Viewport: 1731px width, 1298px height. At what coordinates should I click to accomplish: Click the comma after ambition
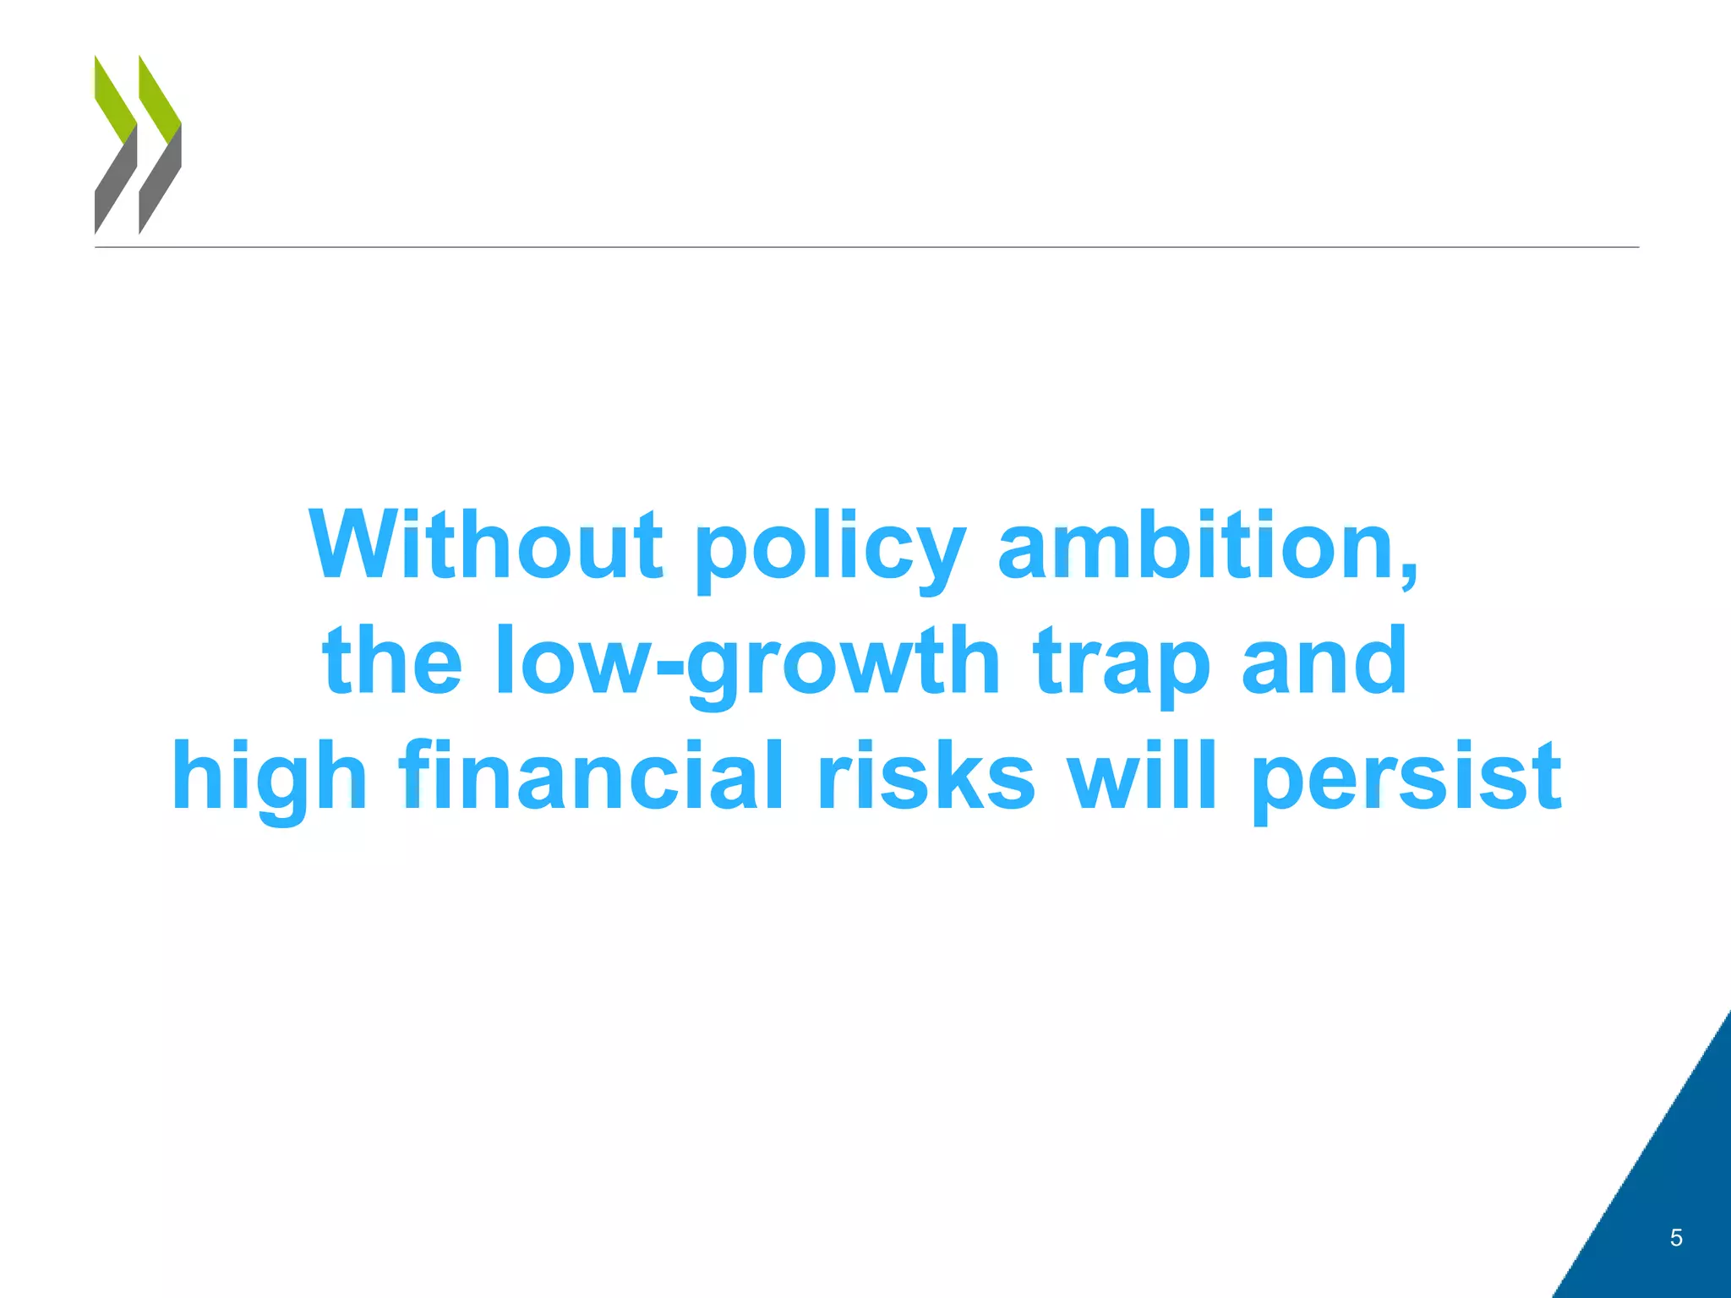click(1408, 575)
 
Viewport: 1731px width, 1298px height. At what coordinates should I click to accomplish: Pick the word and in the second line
click(1324, 661)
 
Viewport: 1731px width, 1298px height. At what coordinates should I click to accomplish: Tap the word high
click(269, 777)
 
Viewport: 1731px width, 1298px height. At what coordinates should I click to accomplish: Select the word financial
click(591, 775)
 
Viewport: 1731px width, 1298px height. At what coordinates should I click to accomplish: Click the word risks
click(926, 775)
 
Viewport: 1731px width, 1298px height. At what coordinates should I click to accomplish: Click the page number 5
click(1676, 1238)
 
